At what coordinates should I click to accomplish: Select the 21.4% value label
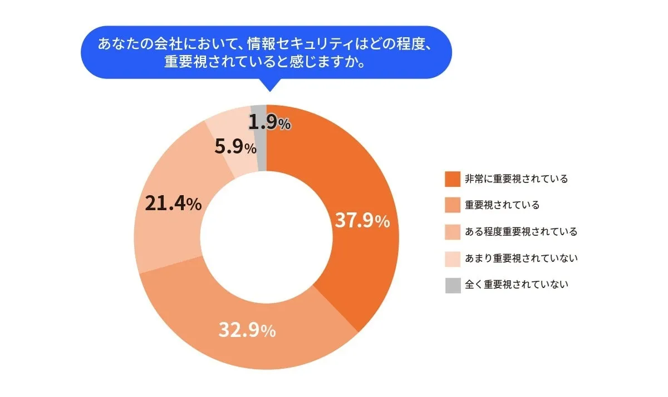tap(173, 204)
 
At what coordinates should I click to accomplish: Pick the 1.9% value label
tap(269, 123)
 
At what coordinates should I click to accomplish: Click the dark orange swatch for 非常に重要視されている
tap(453, 178)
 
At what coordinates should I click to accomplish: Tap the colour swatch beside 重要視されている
tap(453, 205)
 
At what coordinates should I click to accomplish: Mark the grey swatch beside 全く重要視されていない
tap(453, 285)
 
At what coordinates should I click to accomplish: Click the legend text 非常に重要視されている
tap(517, 178)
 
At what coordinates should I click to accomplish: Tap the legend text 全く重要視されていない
tap(517, 285)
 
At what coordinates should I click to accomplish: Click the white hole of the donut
tap(266, 237)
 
